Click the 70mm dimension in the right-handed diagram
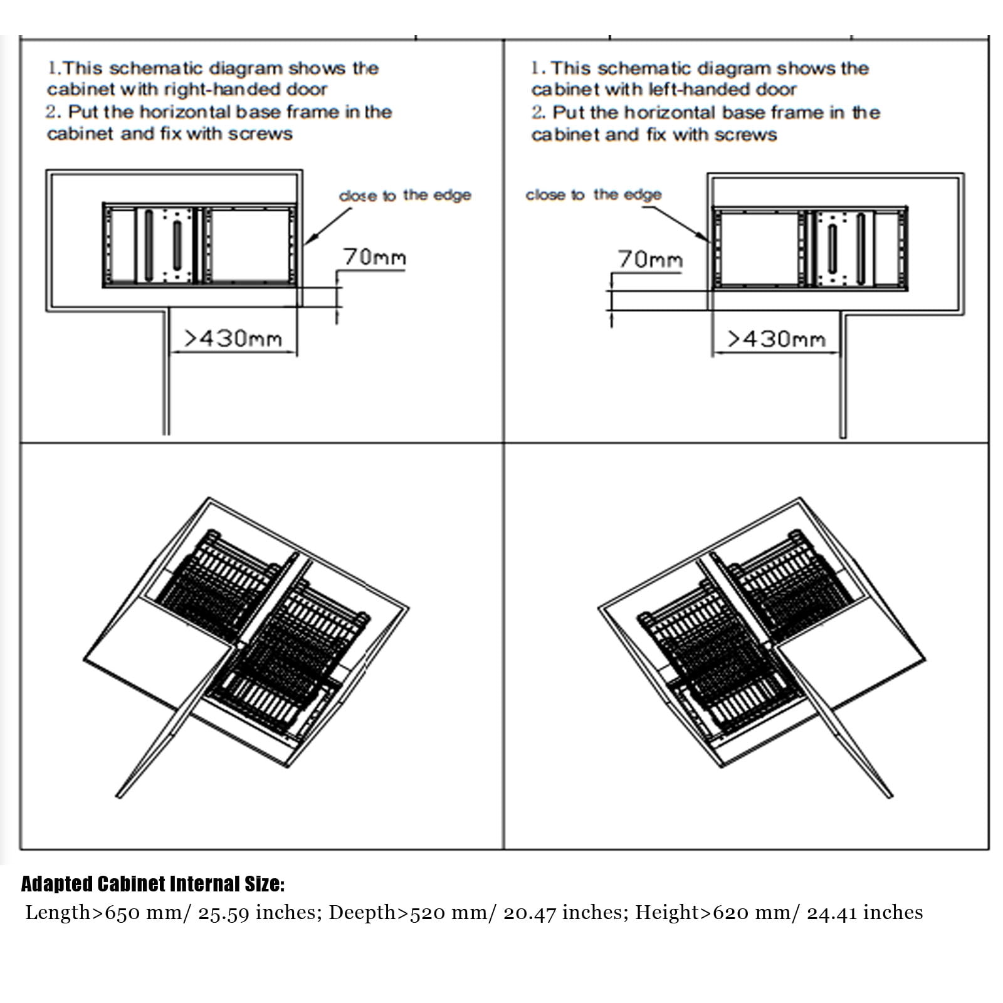click(x=374, y=257)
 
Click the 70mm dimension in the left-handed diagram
click(x=649, y=259)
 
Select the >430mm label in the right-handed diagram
click(x=233, y=339)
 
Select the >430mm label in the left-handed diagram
click(x=776, y=339)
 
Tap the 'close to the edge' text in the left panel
click(x=405, y=196)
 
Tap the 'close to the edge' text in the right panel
click(x=594, y=195)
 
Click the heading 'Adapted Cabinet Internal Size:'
click(x=153, y=884)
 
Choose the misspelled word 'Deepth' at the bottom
click(x=362, y=913)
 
